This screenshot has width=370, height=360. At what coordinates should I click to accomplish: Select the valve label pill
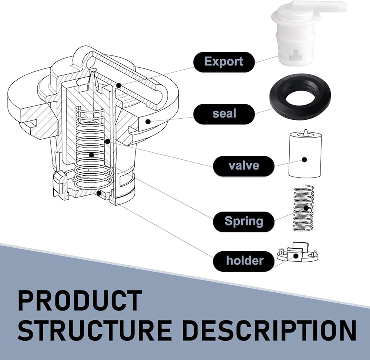[x=243, y=166]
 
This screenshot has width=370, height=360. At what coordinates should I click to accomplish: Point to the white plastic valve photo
[x=306, y=33]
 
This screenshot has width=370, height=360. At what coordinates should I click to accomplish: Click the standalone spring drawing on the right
[x=303, y=208]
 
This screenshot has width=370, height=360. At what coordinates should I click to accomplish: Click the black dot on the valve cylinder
[x=305, y=160]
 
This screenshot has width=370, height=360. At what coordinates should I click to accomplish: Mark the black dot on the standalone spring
[x=306, y=208]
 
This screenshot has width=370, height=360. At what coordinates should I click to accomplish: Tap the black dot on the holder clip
[x=296, y=256]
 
